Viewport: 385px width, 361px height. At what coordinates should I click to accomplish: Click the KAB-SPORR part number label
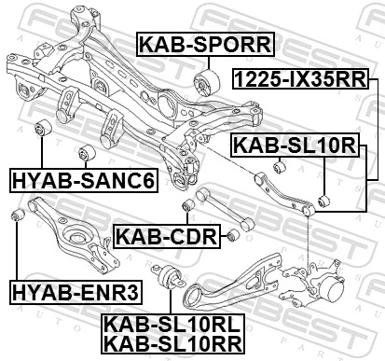tap(205, 43)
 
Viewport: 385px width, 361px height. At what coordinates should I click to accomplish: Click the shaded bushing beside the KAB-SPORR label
tap(205, 82)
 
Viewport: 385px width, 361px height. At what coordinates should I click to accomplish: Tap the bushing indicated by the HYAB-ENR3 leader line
tap(16, 217)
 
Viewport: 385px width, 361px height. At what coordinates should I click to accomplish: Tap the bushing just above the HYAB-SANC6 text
tap(89, 151)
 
